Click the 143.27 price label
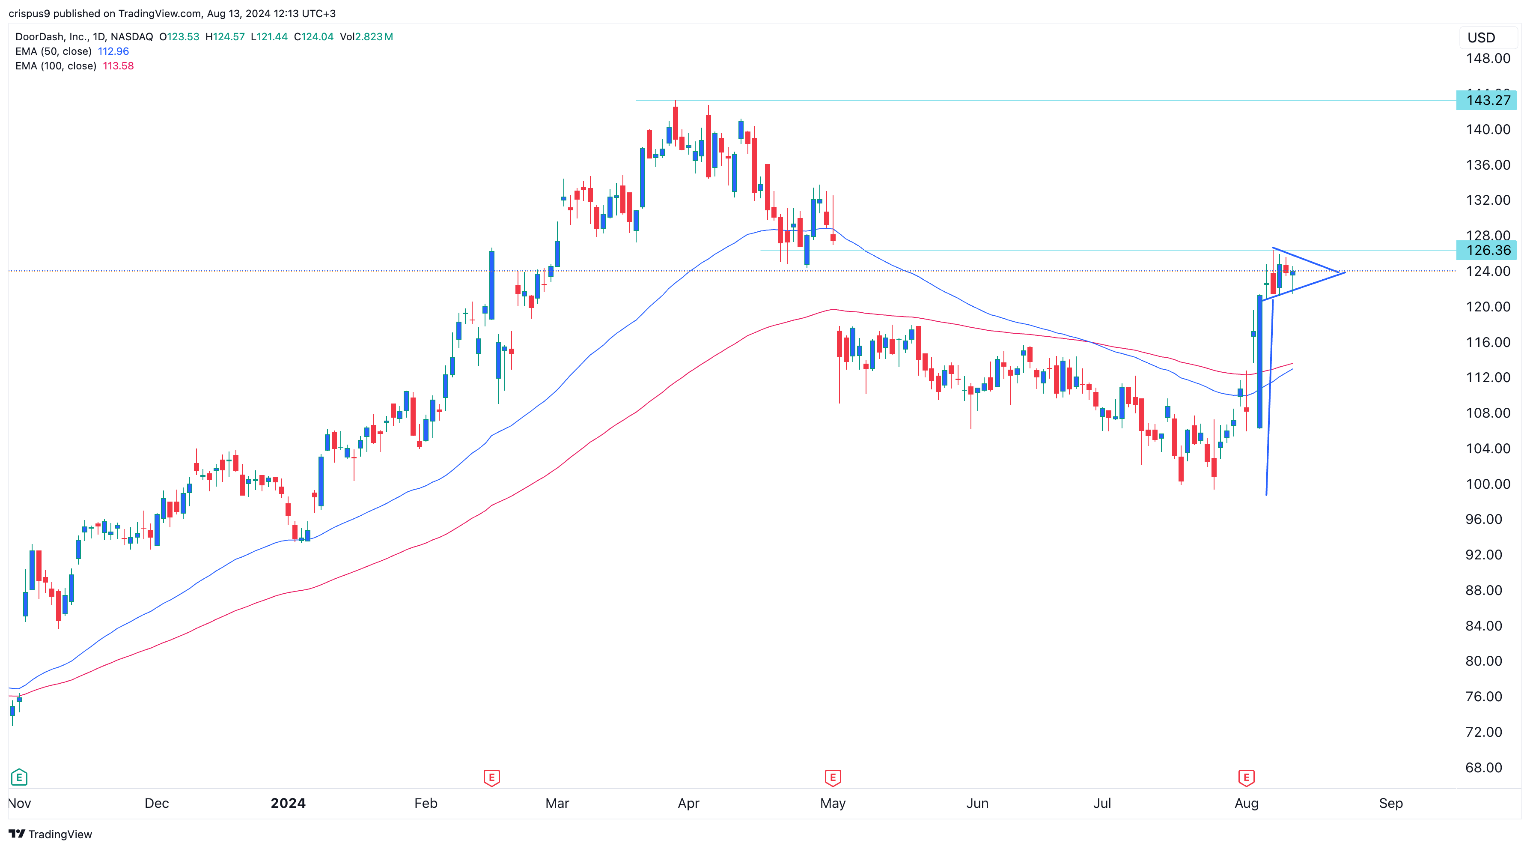(x=1487, y=100)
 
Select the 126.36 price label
(x=1487, y=250)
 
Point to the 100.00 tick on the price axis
(x=1487, y=484)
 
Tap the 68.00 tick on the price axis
(x=1483, y=767)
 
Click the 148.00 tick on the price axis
(x=1487, y=58)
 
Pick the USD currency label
(x=1481, y=38)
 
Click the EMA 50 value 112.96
(x=113, y=51)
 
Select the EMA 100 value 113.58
(x=118, y=66)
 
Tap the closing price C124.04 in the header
(x=314, y=37)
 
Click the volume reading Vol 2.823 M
(x=366, y=37)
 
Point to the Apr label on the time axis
(x=688, y=803)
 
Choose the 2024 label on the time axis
(x=288, y=803)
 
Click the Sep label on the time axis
(x=1390, y=803)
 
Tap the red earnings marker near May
(x=833, y=777)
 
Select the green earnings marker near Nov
(x=19, y=777)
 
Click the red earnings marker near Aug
(x=1246, y=777)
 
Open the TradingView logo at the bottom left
(x=51, y=834)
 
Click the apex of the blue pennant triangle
(x=1345, y=273)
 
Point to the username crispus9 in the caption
(x=29, y=13)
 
